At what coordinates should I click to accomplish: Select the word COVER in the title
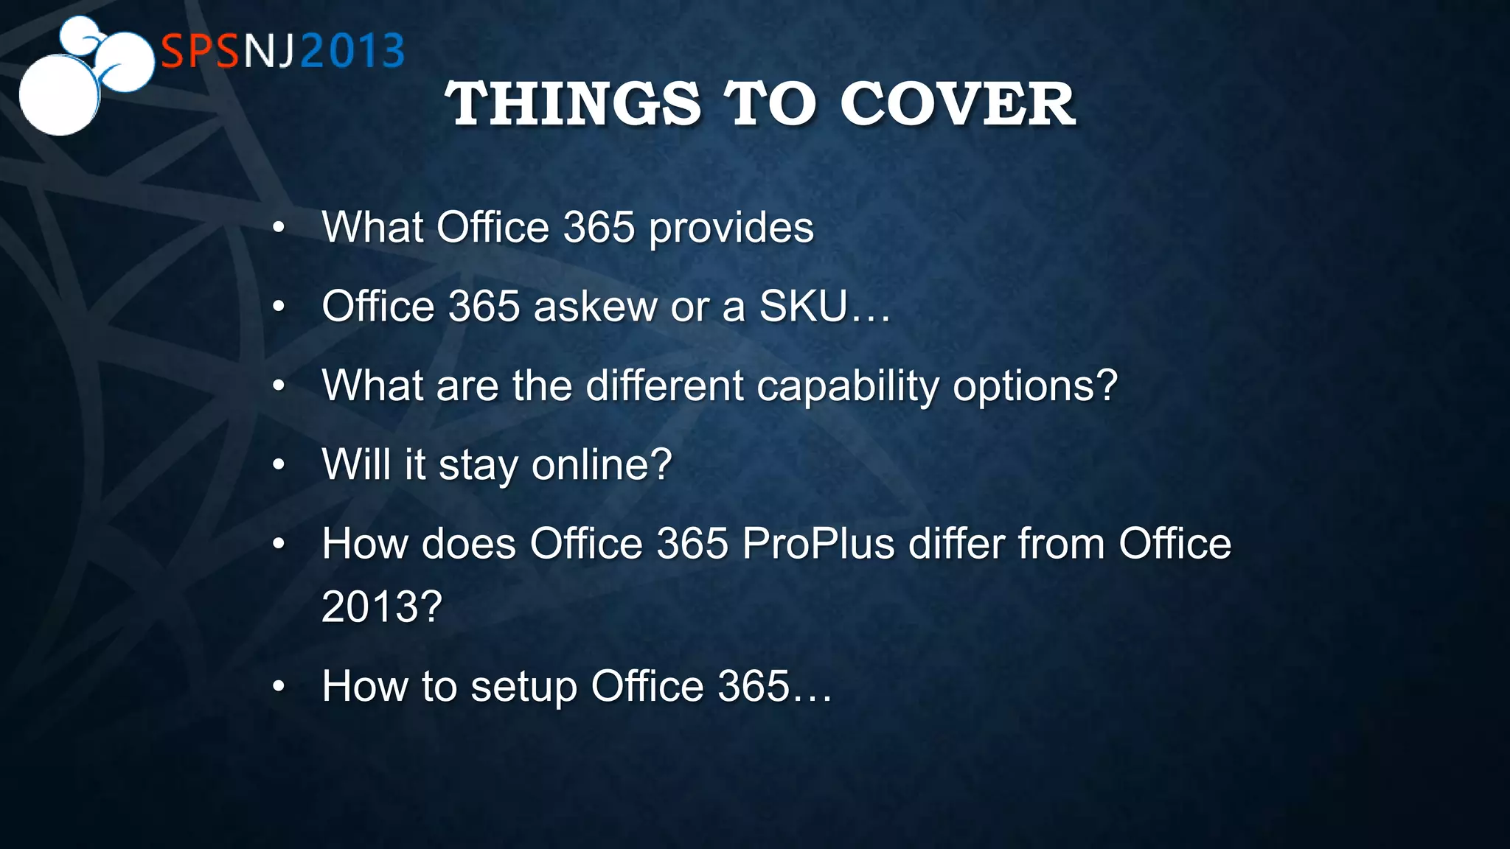pyautogui.click(x=958, y=104)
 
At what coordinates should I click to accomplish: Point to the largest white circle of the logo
pyautogui.click(x=59, y=96)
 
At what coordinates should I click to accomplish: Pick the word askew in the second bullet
pyautogui.click(x=595, y=307)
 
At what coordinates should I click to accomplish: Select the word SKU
pyautogui.click(x=804, y=307)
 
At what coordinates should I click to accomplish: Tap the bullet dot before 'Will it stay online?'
pyautogui.click(x=278, y=465)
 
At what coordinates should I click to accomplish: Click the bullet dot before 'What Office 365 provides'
pyautogui.click(x=278, y=228)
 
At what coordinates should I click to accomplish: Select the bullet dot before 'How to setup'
pyautogui.click(x=278, y=687)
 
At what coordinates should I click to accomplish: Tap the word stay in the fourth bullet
pyautogui.click(x=479, y=466)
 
